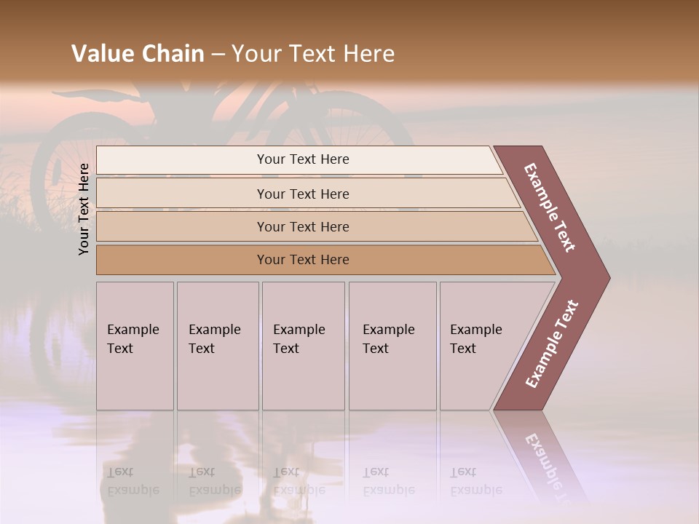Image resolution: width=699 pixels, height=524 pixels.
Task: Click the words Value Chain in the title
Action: point(138,54)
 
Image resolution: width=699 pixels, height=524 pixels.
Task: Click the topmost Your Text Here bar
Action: point(303,159)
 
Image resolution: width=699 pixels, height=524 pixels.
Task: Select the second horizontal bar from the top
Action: point(303,194)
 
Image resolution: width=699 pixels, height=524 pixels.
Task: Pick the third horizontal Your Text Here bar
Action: point(303,226)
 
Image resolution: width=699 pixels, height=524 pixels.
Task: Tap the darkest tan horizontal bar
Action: point(303,260)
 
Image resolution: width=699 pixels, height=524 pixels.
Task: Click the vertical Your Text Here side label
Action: point(84,209)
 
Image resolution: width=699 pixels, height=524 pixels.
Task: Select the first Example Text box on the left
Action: point(135,346)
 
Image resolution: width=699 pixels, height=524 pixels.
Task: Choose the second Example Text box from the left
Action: point(217,346)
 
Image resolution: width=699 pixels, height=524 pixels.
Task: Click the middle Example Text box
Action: point(303,346)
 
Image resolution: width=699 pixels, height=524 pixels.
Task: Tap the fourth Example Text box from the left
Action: point(392,346)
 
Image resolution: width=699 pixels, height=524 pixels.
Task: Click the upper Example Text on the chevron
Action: point(550,207)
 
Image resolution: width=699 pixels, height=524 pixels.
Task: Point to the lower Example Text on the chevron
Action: point(552,344)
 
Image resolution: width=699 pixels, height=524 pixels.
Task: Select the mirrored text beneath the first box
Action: point(133,481)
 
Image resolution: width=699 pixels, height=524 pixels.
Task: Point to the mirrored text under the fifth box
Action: point(475,481)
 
